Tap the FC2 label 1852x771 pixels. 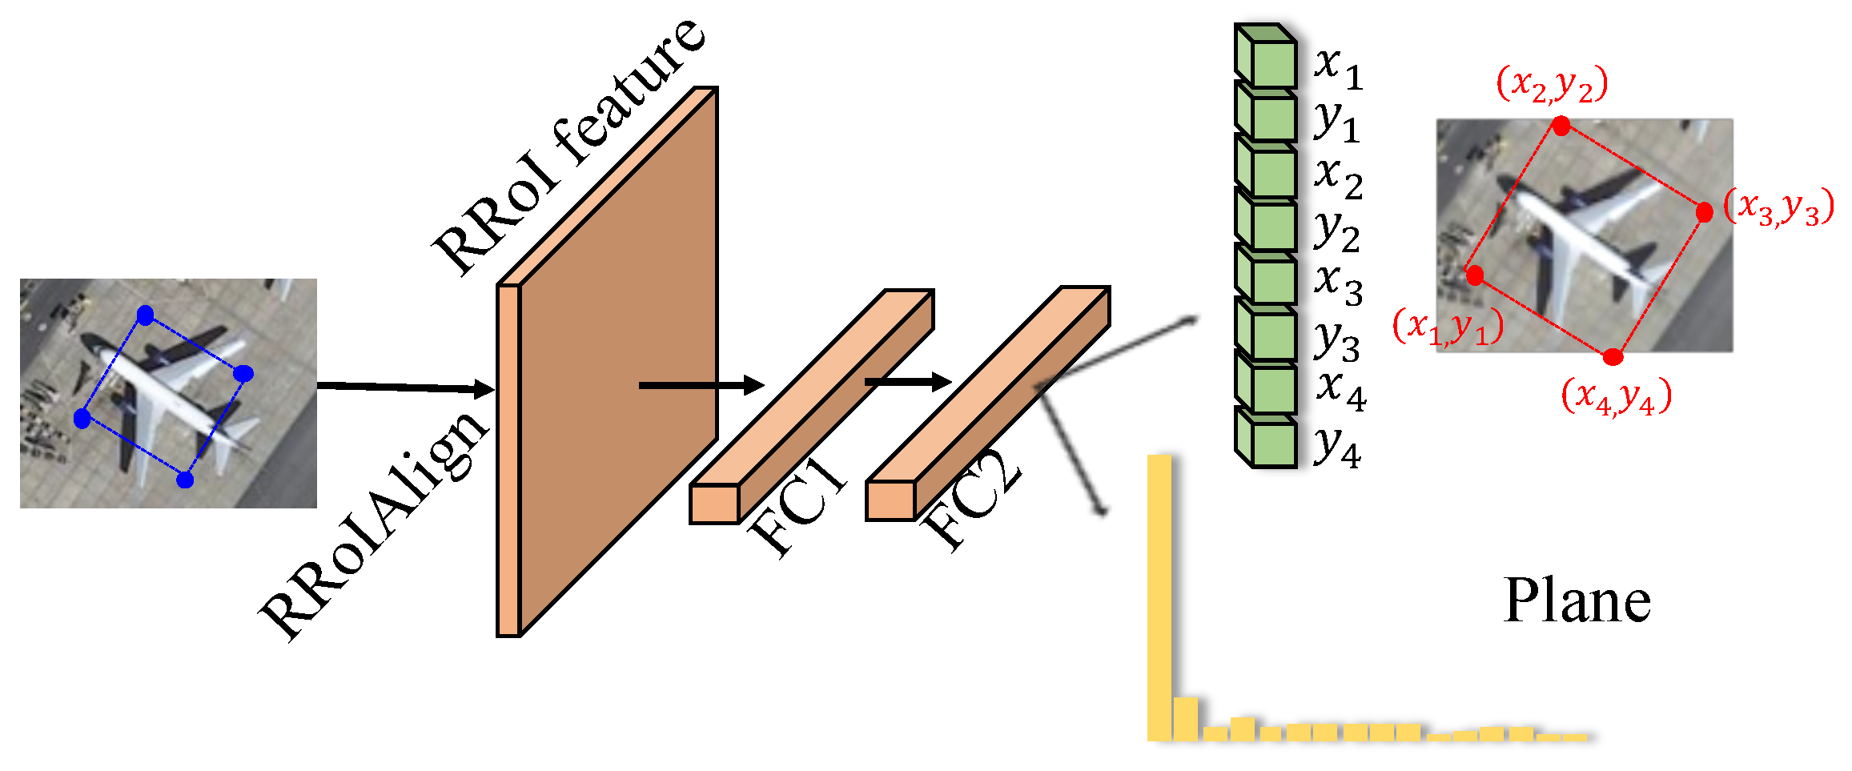pyautogui.click(x=973, y=500)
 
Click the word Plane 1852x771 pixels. pyautogui.click(x=1577, y=600)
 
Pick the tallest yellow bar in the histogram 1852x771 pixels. pyautogui.click(x=1159, y=596)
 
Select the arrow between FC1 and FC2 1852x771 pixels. pyautogui.click(x=907, y=382)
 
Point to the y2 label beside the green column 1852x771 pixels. pyautogui.click(x=1336, y=230)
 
